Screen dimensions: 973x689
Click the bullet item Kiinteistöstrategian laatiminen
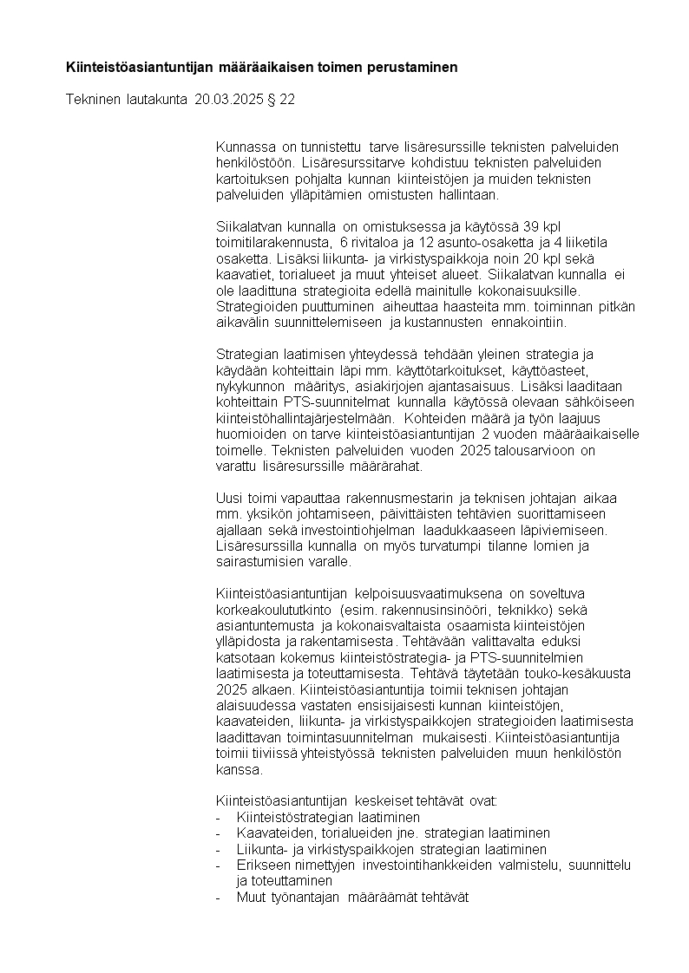[x=328, y=818]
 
